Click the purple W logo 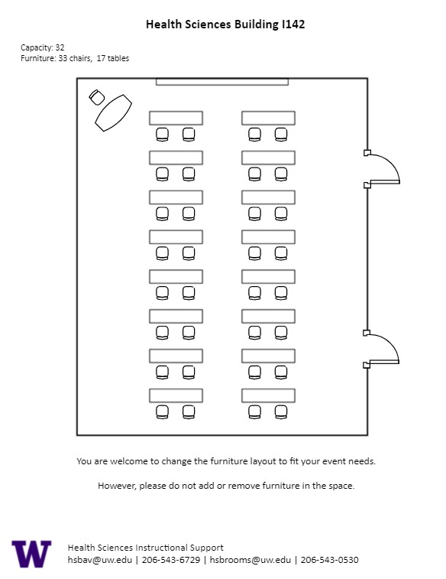32,554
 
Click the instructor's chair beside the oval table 97,97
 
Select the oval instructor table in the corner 113,113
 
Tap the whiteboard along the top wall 222,82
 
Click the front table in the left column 176,118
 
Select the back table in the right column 268,395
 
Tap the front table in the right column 268,118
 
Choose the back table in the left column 176,395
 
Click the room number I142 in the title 293,24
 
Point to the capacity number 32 60,47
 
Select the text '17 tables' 113,58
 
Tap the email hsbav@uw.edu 100,560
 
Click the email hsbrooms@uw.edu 250,560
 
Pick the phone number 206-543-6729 171,560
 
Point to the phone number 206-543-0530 329,560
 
